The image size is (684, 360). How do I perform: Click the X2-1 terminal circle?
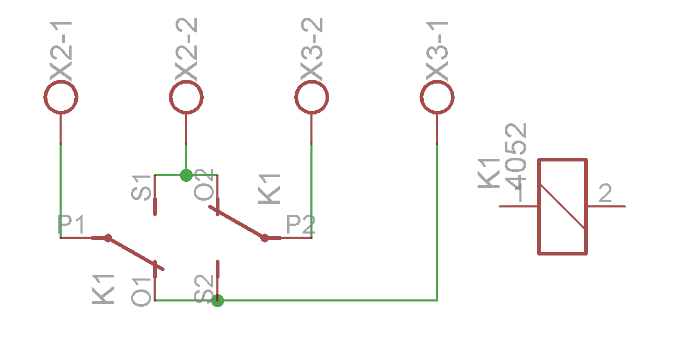click(x=61, y=97)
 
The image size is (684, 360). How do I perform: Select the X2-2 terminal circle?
click(x=186, y=97)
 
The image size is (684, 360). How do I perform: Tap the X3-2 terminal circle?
click(x=311, y=97)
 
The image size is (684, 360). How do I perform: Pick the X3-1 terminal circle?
click(x=437, y=97)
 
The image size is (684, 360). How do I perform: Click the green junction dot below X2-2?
click(x=186, y=175)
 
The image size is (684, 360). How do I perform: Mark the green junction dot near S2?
click(x=218, y=300)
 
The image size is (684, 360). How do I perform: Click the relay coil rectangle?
click(x=562, y=206)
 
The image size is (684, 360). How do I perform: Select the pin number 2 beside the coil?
click(x=605, y=194)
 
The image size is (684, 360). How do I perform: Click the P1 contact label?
click(x=71, y=226)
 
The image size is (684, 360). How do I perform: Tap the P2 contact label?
click(x=300, y=226)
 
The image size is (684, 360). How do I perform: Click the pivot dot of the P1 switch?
click(x=108, y=238)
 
